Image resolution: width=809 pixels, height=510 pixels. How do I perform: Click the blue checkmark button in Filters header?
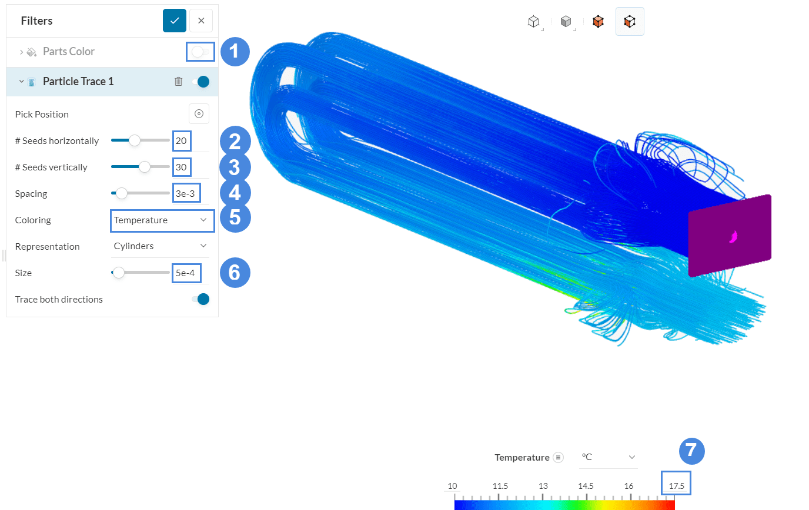pyautogui.click(x=175, y=21)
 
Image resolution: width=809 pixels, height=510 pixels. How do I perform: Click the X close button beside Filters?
pyautogui.click(x=201, y=21)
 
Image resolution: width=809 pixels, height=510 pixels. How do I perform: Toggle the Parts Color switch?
pyautogui.click(x=199, y=52)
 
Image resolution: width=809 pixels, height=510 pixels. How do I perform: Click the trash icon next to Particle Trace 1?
pyautogui.click(x=179, y=82)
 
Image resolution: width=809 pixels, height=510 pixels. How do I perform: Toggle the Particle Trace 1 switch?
pyautogui.click(x=200, y=82)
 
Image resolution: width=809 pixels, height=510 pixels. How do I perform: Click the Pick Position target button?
pyautogui.click(x=199, y=114)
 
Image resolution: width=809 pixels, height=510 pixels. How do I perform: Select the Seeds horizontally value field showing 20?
pyautogui.click(x=182, y=141)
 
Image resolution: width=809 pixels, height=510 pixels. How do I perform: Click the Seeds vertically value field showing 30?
pyautogui.click(x=182, y=167)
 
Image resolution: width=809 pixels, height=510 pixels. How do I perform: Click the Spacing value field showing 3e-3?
pyautogui.click(x=185, y=193)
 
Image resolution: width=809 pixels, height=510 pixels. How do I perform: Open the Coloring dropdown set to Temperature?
pyautogui.click(x=160, y=220)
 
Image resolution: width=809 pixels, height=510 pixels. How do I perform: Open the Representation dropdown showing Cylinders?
pyautogui.click(x=160, y=246)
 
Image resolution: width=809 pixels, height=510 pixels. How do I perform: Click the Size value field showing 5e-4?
pyautogui.click(x=185, y=273)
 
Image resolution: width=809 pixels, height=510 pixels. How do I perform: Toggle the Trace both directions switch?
pyautogui.click(x=200, y=300)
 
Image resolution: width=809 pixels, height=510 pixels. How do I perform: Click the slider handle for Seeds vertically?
pyautogui.click(x=145, y=167)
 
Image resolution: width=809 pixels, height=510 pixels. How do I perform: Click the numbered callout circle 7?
pyautogui.click(x=691, y=451)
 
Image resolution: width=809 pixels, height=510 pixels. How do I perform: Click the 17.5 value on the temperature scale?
pyautogui.click(x=676, y=486)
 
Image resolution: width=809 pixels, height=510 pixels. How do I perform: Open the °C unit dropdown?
pyautogui.click(x=609, y=457)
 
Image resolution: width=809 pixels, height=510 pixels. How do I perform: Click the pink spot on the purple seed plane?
pyautogui.click(x=733, y=237)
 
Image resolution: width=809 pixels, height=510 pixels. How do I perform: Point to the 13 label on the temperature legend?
pyautogui.click(x=543, y=486)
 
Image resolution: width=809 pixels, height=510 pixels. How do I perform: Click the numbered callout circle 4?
pyautogui.click(x=234, y=193)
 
